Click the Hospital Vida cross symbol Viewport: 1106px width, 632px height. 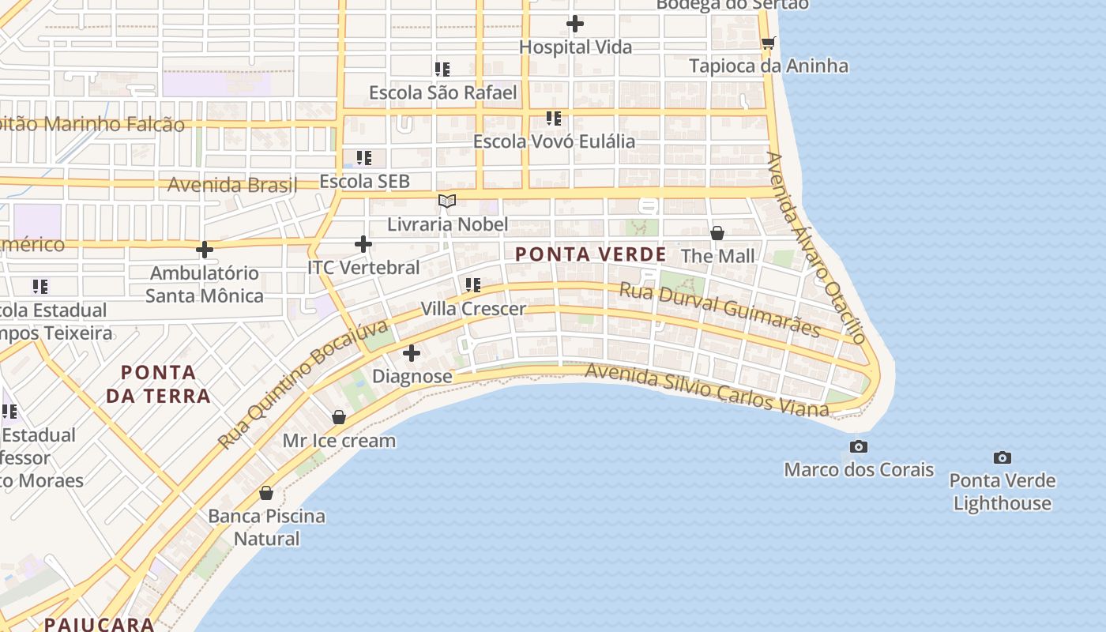pyautogui.click(x=575, y=24)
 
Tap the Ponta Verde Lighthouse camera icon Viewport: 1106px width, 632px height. pyautogui.click(x=1002, y=457)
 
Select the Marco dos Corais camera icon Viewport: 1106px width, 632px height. pyautogui.click(x=859, y=447)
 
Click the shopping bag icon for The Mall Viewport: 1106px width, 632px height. pyautogui.click(x=717, y=233)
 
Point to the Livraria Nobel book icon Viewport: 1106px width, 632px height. pyautogui.click(x=447, y=201)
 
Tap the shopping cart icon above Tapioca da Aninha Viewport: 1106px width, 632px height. pyautogui.click(x=768, y=43)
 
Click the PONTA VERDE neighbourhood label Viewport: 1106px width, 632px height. pyautogui.click(x=591, y=254)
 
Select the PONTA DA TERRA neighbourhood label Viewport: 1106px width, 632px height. pyautogui.click(x=159, y=384)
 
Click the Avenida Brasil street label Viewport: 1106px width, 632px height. pyautogui.click(x=232, y=186)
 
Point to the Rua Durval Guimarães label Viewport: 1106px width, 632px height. pyautogui.click(x=719, y=309)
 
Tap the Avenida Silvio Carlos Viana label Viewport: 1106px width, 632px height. pyautogui.click(x=707, y=389)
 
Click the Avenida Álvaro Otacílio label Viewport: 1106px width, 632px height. pyautogui.click(x=816, y=247)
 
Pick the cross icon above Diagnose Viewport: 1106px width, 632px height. pyautogui.click(x=412, y=353)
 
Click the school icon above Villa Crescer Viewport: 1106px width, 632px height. pyautogui.click(x=472, y=285)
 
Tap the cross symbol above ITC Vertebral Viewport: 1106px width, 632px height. pyautogui.click(x=363, y=245)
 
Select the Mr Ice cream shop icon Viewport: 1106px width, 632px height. pyautogui.click(x=339, y=417)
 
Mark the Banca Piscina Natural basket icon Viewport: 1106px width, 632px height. pyautogui.click(x=266, y=493)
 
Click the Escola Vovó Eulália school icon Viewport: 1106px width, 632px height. pyautogui.click(x=554, y=118)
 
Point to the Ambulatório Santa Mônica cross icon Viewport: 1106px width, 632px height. pyautogui.click(x=205, y=250)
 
